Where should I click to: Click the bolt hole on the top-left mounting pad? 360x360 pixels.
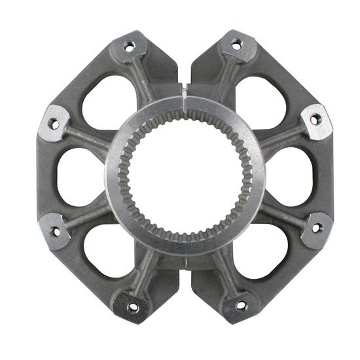tap(129, 46)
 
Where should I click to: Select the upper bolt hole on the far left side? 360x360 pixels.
tap(54, 124)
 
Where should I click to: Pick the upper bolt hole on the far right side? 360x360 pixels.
tap(315, 120)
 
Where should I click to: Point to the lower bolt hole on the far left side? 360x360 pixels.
tap(56, 231)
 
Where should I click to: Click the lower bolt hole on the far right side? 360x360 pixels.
tap(317, 228)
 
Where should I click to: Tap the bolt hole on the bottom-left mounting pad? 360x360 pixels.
tap(134, 306)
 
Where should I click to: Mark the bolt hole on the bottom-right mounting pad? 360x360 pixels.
tap(241, 305)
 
